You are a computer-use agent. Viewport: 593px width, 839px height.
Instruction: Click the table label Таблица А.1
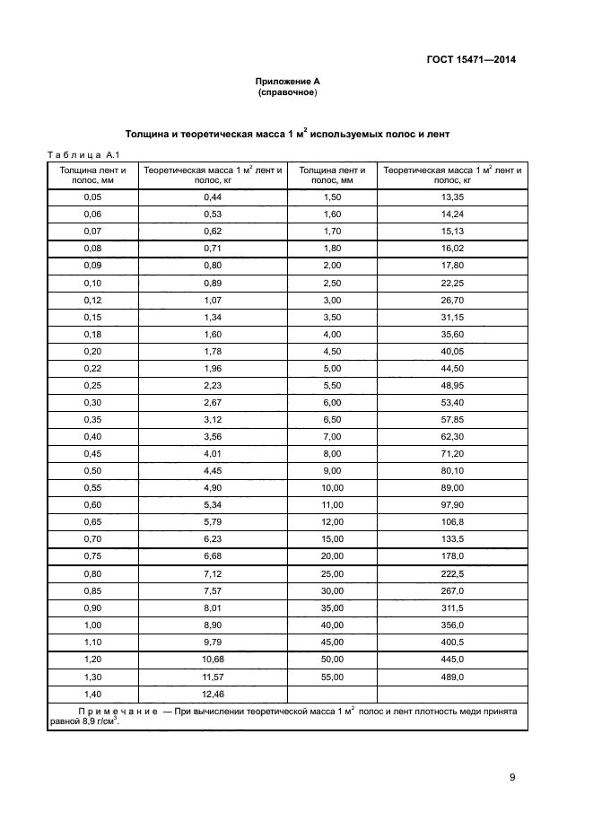[78, 154]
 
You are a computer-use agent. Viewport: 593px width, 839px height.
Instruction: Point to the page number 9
[512, 777]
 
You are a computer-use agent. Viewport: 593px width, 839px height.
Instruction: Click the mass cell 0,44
[213, 197]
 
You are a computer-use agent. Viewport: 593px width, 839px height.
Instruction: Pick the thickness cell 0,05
[92, 197]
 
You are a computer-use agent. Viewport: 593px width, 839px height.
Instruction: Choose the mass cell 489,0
[452, 677]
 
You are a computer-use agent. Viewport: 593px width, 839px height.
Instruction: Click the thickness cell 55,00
[332, 677]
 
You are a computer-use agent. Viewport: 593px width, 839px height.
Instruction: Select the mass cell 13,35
[452, 197]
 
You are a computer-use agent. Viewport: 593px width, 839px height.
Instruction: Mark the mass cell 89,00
[452, 487]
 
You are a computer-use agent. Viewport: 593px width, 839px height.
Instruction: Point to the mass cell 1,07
[213, 299]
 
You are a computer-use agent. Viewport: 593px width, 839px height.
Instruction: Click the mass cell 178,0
[452, 555]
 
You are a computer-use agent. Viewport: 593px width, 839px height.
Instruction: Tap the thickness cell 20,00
[332, 555]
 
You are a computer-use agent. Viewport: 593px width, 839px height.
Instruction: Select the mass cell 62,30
[452, 436]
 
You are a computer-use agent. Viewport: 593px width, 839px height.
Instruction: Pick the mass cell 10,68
[213, 659]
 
